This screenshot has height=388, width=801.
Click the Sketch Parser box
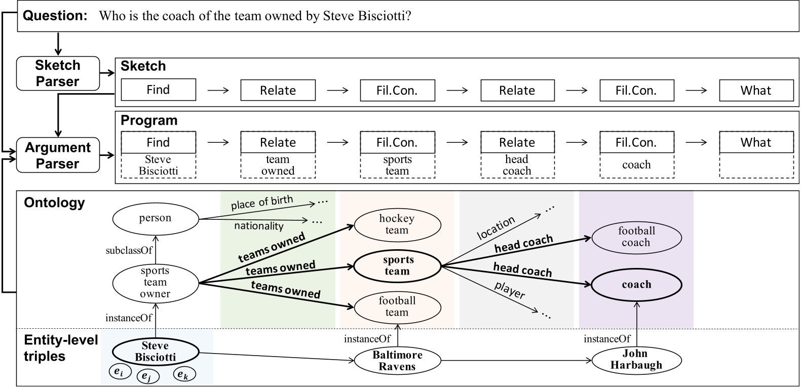[58, 73]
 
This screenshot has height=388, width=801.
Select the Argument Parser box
[58, 156]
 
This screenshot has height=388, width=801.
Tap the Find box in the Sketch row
[158, 90]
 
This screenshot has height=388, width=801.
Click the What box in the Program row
[756, 142]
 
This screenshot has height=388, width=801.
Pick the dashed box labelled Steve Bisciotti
[158, 166]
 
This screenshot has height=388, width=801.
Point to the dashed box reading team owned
[278, 166]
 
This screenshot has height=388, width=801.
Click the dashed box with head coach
[517, 166]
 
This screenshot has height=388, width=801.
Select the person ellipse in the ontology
[155, 218]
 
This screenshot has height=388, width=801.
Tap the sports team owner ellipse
[155, 283]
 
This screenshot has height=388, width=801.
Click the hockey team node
[397, 224]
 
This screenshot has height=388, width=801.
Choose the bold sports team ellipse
[398, 265]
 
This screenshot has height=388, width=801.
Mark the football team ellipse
[397, 306]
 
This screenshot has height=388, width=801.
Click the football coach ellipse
[636, 237]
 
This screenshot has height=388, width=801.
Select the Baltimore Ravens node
[397, 361]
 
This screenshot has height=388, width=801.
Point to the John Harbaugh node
[636, 359]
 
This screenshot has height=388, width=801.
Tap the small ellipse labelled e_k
[184, 374]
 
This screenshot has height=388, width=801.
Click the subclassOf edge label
[129, 250]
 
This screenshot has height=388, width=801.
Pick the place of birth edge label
[262, 202]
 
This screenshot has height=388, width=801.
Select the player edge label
[509, 290]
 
